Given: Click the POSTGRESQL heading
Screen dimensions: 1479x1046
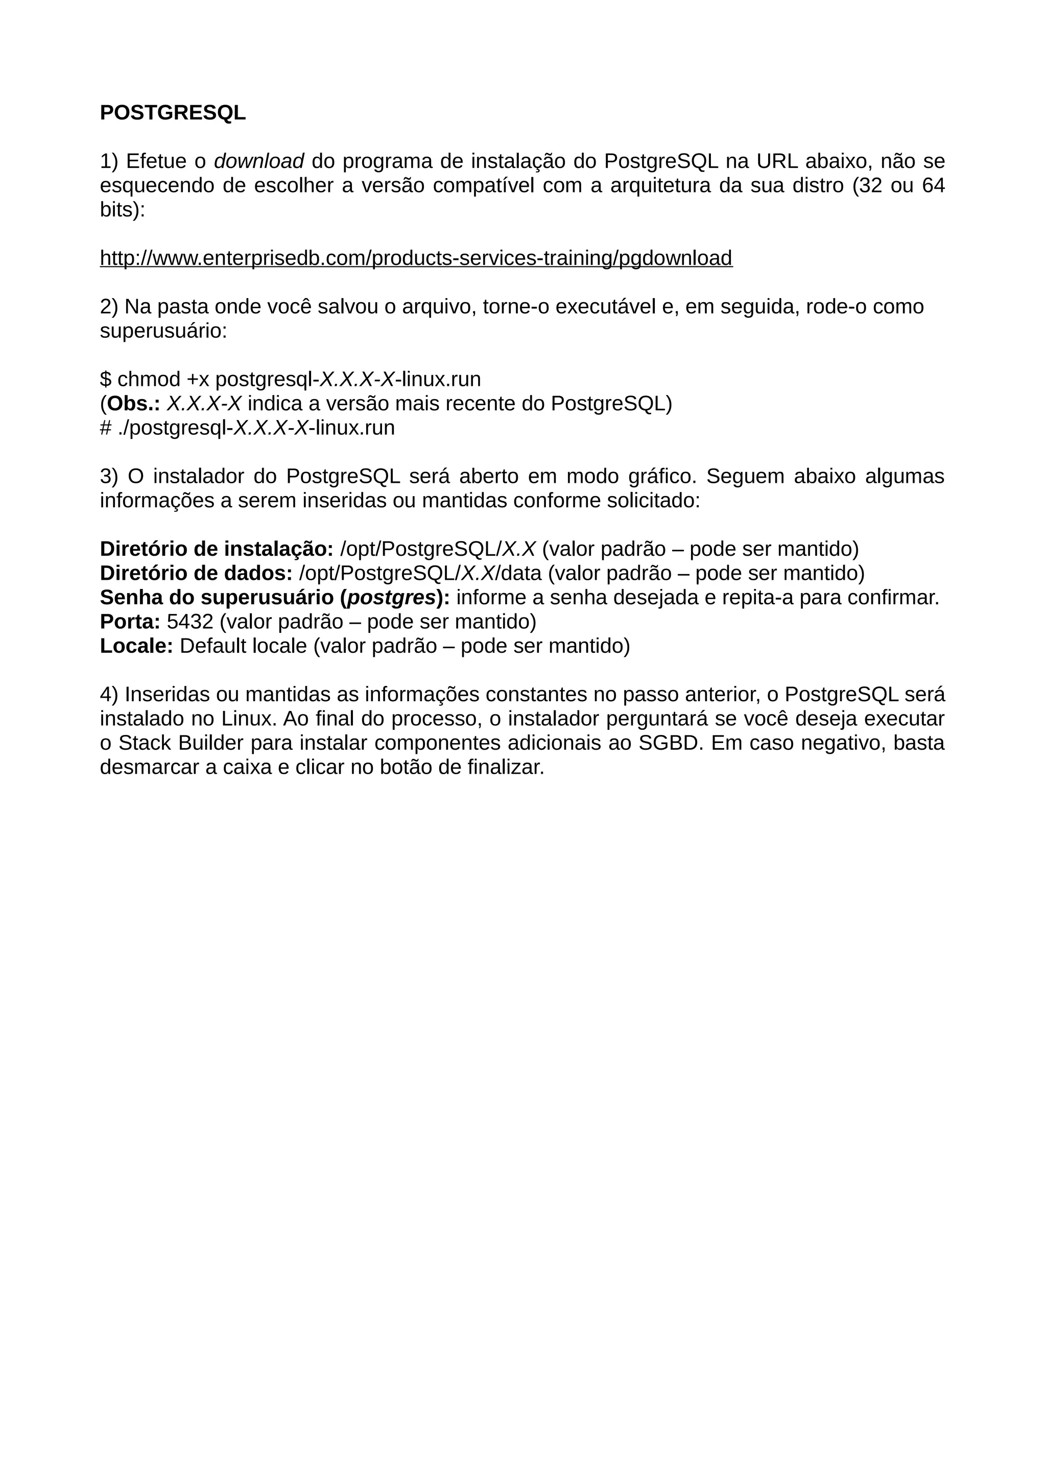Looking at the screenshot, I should [173, 113].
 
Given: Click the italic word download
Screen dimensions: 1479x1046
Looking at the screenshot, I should [258, 161].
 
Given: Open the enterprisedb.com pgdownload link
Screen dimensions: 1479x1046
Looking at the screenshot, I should [416, 258].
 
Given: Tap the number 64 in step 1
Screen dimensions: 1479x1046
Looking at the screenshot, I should [933, 186].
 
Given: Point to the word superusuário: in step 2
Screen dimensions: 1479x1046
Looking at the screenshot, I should [163, 331].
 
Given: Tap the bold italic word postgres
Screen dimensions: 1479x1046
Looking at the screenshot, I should [391, 598].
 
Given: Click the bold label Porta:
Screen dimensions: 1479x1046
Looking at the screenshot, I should [130, 622].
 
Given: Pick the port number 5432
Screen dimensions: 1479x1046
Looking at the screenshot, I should [189, 622].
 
